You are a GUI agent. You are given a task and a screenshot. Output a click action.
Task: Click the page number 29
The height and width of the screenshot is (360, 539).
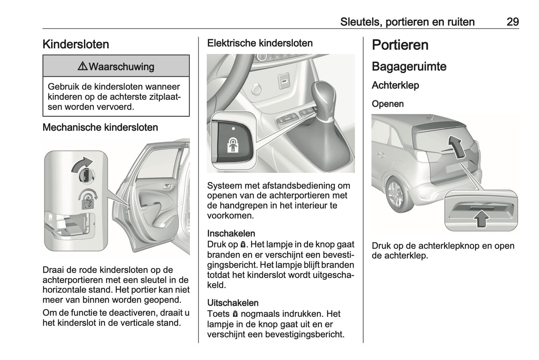(512, 22)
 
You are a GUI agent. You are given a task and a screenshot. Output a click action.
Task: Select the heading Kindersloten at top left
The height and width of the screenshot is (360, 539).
(76, 44)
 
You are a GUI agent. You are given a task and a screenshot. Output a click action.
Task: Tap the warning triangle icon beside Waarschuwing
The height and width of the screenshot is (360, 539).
(82, 67)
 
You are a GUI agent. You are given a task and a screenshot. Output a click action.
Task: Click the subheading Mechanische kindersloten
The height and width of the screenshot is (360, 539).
(100, 127)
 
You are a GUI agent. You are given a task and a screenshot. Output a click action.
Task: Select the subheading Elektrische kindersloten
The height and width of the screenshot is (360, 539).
(260, 43)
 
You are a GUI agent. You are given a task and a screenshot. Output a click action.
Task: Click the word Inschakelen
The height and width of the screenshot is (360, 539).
(231, 234)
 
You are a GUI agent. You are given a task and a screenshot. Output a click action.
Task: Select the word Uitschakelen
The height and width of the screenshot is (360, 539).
(233, 303)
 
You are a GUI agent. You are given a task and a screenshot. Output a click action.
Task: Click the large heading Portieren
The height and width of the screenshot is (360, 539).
(400, 45)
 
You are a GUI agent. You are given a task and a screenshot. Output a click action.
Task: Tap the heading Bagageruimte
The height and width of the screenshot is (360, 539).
(409, 67)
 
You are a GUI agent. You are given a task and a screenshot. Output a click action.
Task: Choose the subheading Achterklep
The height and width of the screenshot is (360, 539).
(395, 85)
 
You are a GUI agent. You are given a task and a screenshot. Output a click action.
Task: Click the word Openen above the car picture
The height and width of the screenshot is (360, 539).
(388, 104)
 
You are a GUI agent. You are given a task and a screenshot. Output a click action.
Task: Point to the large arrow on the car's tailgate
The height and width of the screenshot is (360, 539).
(455, 145)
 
